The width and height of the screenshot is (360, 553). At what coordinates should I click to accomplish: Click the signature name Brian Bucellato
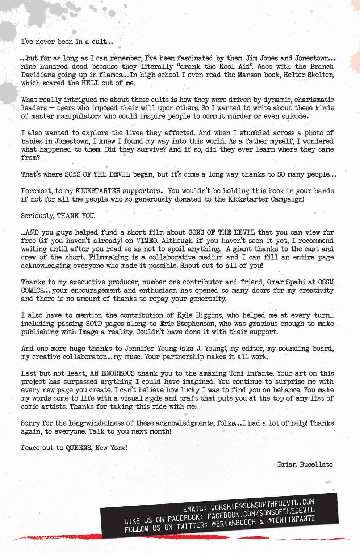304,464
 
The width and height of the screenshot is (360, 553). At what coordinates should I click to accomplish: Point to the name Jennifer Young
144,349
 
